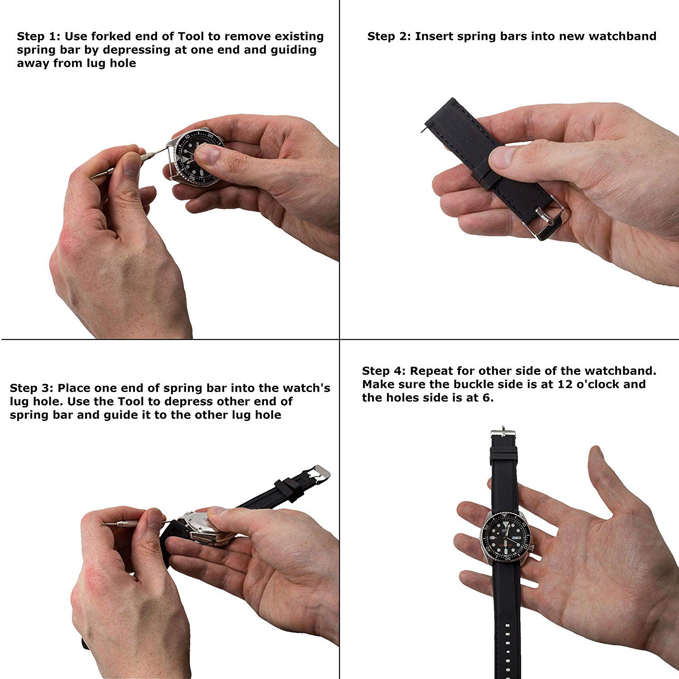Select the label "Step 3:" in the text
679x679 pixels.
pyautogui.click(x=31, y=388)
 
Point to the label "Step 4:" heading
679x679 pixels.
pyautogui.click(x=383, y=371)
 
